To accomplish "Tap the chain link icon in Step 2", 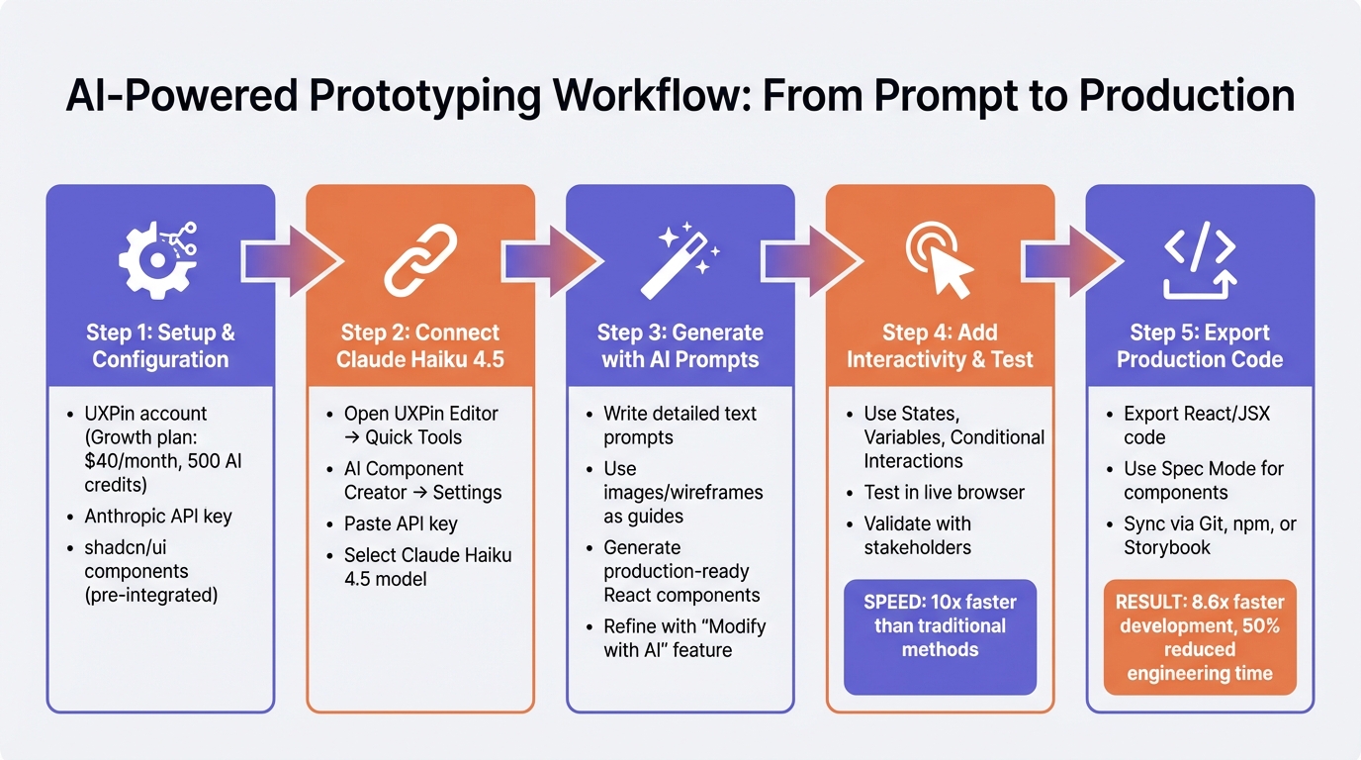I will click(x=419, y=260).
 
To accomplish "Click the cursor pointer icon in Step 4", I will click(x=940, y=260).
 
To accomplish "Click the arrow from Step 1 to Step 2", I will click(x=291, y=260).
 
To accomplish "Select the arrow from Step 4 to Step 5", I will click(x=1070, y=260).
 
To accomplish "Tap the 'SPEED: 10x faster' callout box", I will click(x=940, y=625).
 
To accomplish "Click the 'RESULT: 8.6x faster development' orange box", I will click(x=1199, y=637).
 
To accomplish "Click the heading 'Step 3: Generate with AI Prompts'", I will click(x=680, y=345).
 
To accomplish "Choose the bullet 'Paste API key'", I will click(x=401, y=523).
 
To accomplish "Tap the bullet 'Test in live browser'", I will click(x=944, y=492).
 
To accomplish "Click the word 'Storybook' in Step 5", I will click(x=1166, y=547).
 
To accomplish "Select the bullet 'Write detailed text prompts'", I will click(x=680, y=425).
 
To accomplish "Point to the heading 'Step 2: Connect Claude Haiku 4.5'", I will click(x=419, y=345).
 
